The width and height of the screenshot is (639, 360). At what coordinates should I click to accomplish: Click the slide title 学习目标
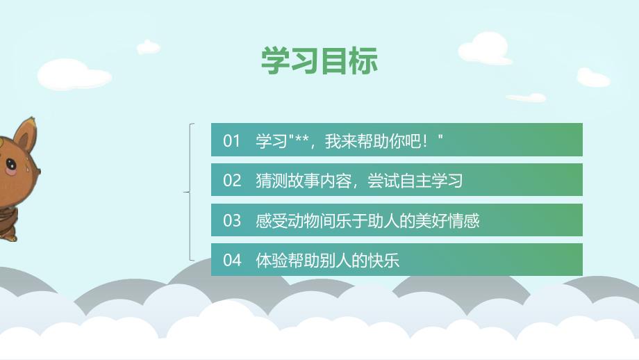click(x=319, y=61)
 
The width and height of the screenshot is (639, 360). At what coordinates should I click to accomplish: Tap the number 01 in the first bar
click(x=231, y=141)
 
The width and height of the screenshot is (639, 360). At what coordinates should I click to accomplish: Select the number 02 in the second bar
click(x=231, y=181)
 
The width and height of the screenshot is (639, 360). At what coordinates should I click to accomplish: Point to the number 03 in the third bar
click(x=231, y=221)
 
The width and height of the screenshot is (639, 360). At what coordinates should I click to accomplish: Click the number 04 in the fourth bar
click(x=231, y=261)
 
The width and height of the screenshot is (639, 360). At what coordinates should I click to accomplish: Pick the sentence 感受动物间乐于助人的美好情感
click(x=367, y=221)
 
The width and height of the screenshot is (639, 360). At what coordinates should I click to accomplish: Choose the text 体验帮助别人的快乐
click(x=327, y=261)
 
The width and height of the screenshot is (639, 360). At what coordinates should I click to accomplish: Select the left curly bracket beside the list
click(x=190, y=191)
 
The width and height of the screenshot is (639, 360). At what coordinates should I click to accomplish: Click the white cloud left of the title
click(x=74, y=74)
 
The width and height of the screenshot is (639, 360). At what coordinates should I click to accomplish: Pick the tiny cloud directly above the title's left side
click(x=148, y=47)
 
